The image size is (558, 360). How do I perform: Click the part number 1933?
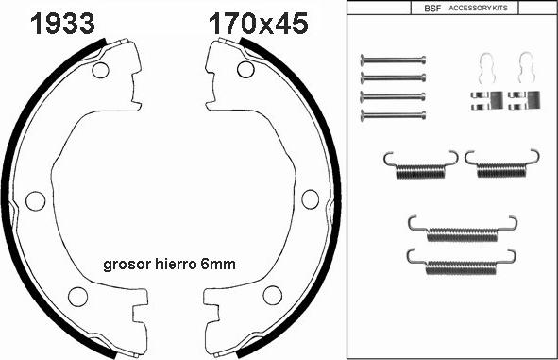pos(62,24)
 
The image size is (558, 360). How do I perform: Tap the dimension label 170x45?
pos(258,24)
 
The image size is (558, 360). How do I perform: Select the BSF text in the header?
pos(432,9)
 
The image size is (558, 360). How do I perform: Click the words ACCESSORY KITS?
pos(478,8)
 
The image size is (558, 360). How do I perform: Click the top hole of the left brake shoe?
pos(100,70)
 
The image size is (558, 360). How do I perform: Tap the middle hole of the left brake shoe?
pos(36,201)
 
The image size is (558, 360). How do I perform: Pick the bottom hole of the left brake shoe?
pos(78,297)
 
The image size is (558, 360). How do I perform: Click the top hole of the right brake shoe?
pos(245,69)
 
